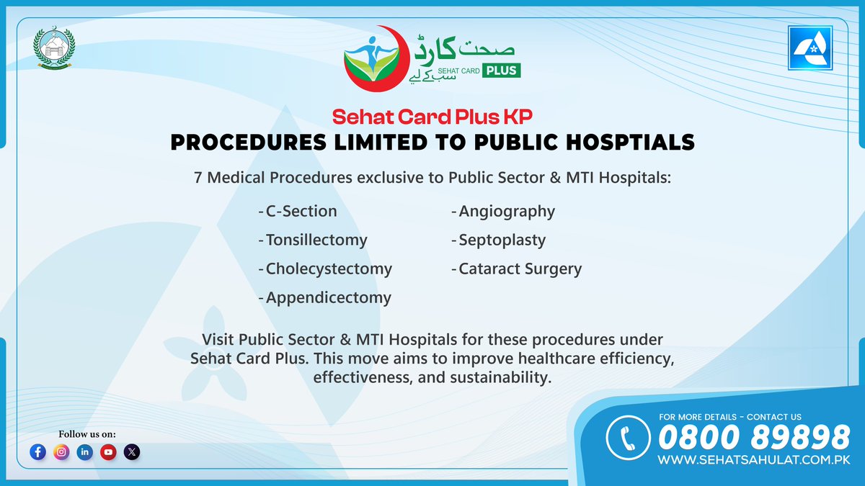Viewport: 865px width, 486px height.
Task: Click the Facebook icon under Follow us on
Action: click(38, 452)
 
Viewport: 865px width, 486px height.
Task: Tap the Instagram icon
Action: click(61, 452)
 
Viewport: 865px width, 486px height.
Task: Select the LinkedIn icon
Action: click(85, 452)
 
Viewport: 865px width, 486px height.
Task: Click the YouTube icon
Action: click(108, 452)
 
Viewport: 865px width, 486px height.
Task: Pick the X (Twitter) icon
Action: click(132, 452)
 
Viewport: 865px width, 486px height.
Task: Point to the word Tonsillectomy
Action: click(316, 240)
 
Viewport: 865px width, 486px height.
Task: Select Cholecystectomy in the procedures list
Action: click(329, 269)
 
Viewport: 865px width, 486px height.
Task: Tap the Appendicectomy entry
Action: click(328, 297)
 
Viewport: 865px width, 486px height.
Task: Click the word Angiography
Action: click(507, 211)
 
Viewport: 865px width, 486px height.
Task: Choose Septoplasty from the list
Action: click(502, 240)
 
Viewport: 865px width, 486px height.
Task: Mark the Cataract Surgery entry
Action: click(520, 269)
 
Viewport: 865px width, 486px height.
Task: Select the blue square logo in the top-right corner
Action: click(811, 49)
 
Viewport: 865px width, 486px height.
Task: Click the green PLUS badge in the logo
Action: click(502, 70)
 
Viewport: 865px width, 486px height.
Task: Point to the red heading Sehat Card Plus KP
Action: click(432, 117)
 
